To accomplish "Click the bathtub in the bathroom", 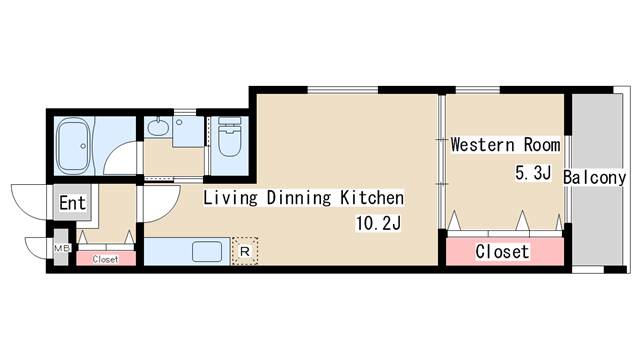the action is point(73,146).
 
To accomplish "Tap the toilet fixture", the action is point(229,136).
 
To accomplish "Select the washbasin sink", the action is point(158,126).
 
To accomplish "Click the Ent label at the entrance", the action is point(73,202).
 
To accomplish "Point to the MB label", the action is point(62,247).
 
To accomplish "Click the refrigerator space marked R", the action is point(245,251).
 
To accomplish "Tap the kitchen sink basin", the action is point(207,251).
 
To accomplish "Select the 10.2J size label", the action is point(379,223).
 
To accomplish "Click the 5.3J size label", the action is point(533,173).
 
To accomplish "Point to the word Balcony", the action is point(594,178).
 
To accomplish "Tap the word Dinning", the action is point(298,198).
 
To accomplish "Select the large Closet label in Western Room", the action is point(502,251).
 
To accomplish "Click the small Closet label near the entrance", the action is point(105,259).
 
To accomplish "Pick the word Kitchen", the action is point(372,198).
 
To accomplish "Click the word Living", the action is point(230,198).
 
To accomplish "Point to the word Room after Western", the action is point(542,145).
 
